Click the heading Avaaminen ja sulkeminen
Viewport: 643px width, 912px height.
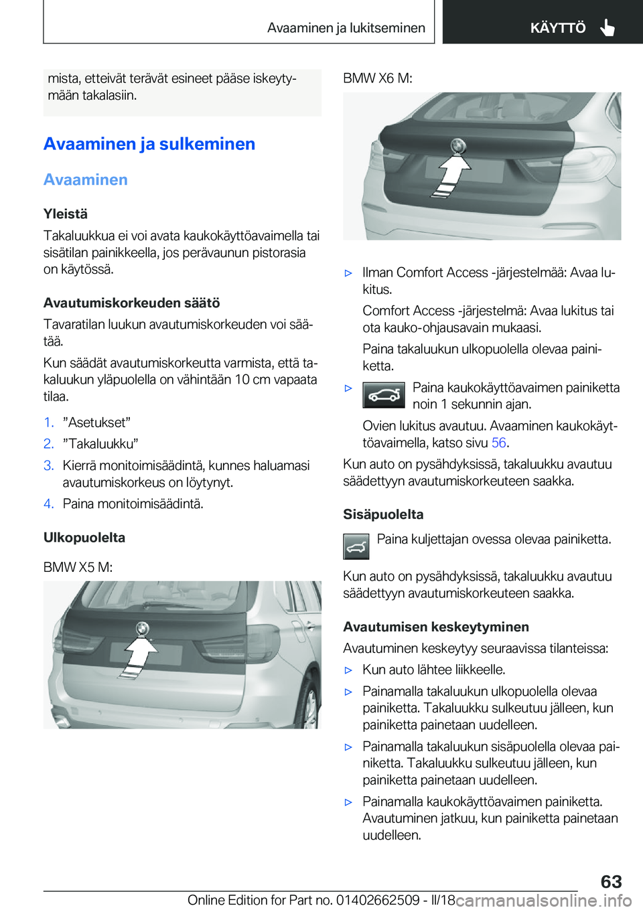click(149, 144)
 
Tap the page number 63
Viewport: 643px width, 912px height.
click(611, 881)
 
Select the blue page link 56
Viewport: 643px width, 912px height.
click(499, 443)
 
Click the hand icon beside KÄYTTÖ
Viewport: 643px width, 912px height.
click(608, 27)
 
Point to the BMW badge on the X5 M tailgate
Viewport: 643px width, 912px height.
click(142, 628)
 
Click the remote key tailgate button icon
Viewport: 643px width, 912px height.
click(384, 395)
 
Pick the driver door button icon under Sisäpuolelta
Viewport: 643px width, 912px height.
click(356, 547)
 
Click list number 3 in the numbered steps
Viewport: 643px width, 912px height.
click(48, 465)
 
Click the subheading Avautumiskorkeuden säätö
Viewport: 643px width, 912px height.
click(132, 303)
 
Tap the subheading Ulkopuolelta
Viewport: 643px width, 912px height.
click(84, 538)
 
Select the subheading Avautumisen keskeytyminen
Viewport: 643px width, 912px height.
click(436, 627)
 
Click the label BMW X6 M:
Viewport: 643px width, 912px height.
click(378, 78)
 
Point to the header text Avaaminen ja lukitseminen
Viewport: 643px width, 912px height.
click(346, 28)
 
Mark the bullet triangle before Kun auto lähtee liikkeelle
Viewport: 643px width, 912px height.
click(348, 670)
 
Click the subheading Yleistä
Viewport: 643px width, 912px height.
click(66, 214)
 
